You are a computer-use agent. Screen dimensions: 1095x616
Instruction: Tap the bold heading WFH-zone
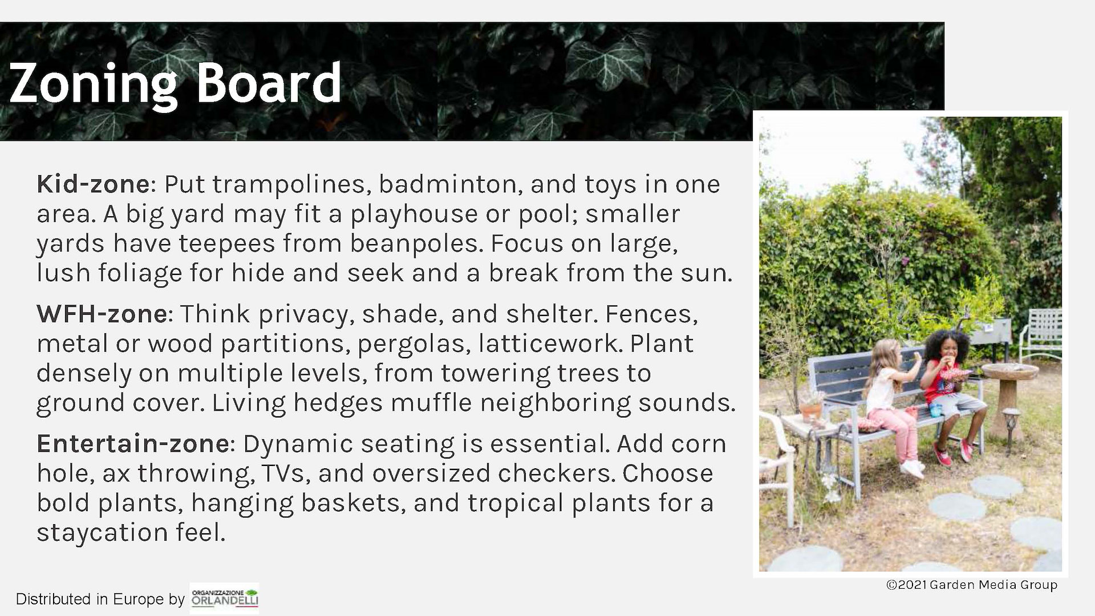click(102, 314)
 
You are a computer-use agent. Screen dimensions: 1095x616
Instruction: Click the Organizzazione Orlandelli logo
click(224, 598)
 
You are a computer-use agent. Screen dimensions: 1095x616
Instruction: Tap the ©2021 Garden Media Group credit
click(972, 585)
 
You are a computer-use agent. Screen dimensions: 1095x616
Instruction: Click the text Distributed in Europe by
click(100, 599)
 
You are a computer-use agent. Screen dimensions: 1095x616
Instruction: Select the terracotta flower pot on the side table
click(810, 410)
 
